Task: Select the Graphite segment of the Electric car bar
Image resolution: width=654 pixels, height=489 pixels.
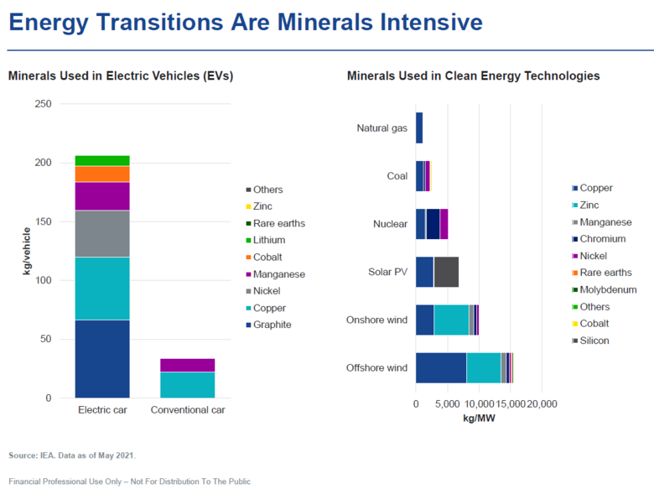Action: (x=102, y=358)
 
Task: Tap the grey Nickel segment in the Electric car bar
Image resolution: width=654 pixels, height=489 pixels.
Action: (x=102, y=233)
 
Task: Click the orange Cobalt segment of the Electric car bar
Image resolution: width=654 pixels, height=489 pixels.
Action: (x=102, y=174)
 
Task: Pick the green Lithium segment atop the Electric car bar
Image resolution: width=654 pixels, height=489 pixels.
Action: (x=102, y=160)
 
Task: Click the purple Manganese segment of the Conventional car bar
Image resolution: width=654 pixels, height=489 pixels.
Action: (x=187, y=365)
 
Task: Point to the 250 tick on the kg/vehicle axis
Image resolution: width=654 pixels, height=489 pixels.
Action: (x=43, y=104)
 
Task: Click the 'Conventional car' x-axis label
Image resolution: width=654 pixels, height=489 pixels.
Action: (x=188, y=410)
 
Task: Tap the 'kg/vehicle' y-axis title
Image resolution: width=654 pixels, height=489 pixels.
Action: (x=28, y=252)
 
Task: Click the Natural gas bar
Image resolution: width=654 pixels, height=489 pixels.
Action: (x=419, y=128)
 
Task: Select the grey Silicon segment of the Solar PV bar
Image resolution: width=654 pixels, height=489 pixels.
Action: (x=446, y=272)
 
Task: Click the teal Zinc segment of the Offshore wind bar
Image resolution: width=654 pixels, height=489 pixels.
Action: (x=483, y=367)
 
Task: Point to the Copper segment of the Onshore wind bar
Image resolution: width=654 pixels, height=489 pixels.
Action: (x=424, y=320)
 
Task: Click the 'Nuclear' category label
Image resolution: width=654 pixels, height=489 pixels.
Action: (x=390, y=224)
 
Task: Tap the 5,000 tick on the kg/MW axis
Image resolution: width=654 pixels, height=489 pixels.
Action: (x=447, y=403)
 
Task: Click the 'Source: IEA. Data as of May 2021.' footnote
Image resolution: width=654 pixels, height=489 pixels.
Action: (x=72, y=455)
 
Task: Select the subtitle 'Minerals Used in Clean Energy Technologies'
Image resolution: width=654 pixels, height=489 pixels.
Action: (x=473, y=75)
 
